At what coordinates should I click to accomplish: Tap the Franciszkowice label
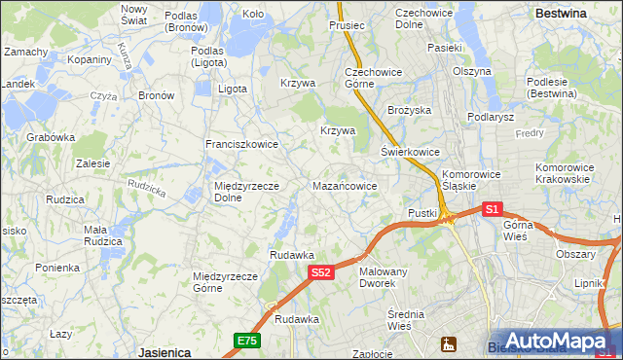pos(241,144)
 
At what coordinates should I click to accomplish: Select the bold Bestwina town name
pos(561,14)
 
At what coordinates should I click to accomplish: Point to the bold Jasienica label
pos(164,351)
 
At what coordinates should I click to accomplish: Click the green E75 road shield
pos(246,340)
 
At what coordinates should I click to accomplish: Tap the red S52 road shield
pos(323,273)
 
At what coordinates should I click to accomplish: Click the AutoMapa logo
pos(552,341)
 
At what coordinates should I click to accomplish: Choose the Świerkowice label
pos(410,152)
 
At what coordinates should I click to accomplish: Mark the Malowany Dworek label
pos(383,277)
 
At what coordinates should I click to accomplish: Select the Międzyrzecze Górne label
pos(225,282)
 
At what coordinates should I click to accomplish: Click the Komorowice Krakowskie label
pos(563,173)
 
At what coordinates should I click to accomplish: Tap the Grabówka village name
pos(51,137)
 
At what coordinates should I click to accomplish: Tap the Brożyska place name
pos(409,110)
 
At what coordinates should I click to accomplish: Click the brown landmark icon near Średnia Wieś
pos(449,343)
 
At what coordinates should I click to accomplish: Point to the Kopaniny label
pos(89,59)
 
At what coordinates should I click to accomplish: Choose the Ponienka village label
pos(56,268)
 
